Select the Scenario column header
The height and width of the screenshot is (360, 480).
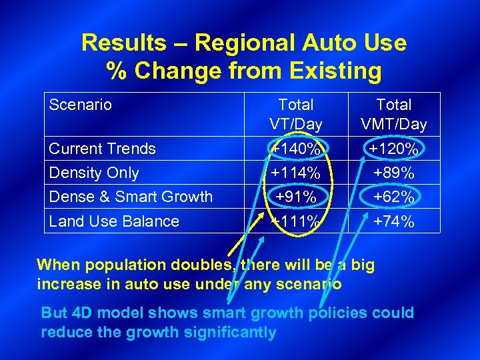pos(81,105)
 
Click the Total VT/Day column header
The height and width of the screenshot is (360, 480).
pos(295,114)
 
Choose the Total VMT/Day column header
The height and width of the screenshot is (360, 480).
pos(393,114)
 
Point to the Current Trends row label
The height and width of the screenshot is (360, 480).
pos(103,149)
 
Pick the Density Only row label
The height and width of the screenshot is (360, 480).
pos(94,173)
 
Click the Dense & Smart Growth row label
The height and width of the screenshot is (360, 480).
pos(131,197)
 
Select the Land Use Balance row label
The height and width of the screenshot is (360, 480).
pos(114,221)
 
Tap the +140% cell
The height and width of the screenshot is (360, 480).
pos(295,149)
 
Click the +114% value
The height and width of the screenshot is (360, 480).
pos(295,173)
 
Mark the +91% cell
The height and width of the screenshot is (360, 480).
pos(295,197)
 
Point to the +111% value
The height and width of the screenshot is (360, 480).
pos(295,221)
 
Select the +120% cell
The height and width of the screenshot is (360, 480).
pos(393,149)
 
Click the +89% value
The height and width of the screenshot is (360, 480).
pos(393,173)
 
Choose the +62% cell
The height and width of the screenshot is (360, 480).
pos(393,197)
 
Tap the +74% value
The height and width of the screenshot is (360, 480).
pos(393,221)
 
